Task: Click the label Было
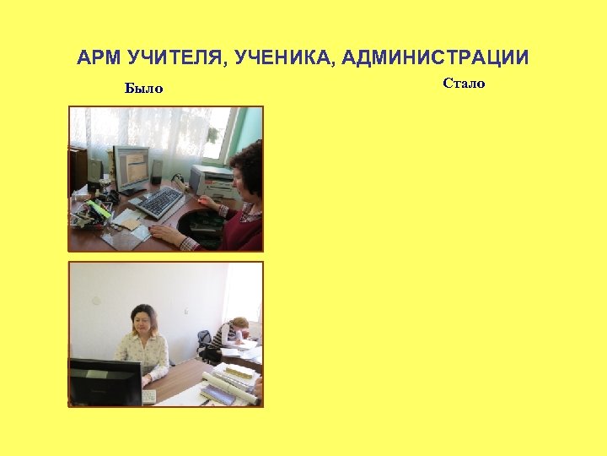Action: click(143, 88)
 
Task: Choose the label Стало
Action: click(464, 83)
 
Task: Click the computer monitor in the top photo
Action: click(132, 167)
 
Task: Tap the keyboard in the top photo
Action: click(158, 203)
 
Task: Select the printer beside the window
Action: click(212, 180)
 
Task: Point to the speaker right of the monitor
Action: click(156, 171)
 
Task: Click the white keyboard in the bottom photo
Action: click(149, 395)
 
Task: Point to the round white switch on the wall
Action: click(95, 301)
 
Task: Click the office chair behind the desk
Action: click(204, 342)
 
